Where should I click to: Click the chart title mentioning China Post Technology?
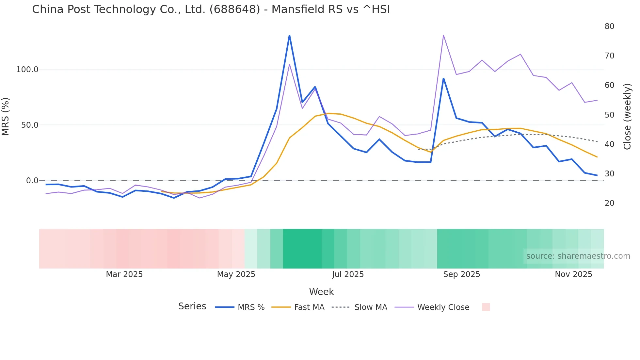[211, 9]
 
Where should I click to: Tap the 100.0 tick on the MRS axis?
[27, 70]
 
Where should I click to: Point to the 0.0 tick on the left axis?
[32, 181]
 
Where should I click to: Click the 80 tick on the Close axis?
[609, 26]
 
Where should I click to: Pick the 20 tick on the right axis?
[609, 203]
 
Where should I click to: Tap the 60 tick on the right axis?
[609, 85]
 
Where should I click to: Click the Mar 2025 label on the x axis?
[124, 274]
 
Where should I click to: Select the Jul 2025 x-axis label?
[348, 274]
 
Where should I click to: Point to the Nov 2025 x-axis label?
[573, 274]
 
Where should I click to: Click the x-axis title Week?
[321, 292]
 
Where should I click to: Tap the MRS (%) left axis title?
[6, 117]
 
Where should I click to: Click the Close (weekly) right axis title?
[627, 117]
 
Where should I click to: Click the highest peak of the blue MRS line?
[289, 35]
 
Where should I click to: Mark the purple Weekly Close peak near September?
[443, 35]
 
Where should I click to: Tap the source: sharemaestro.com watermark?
[578, 256]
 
